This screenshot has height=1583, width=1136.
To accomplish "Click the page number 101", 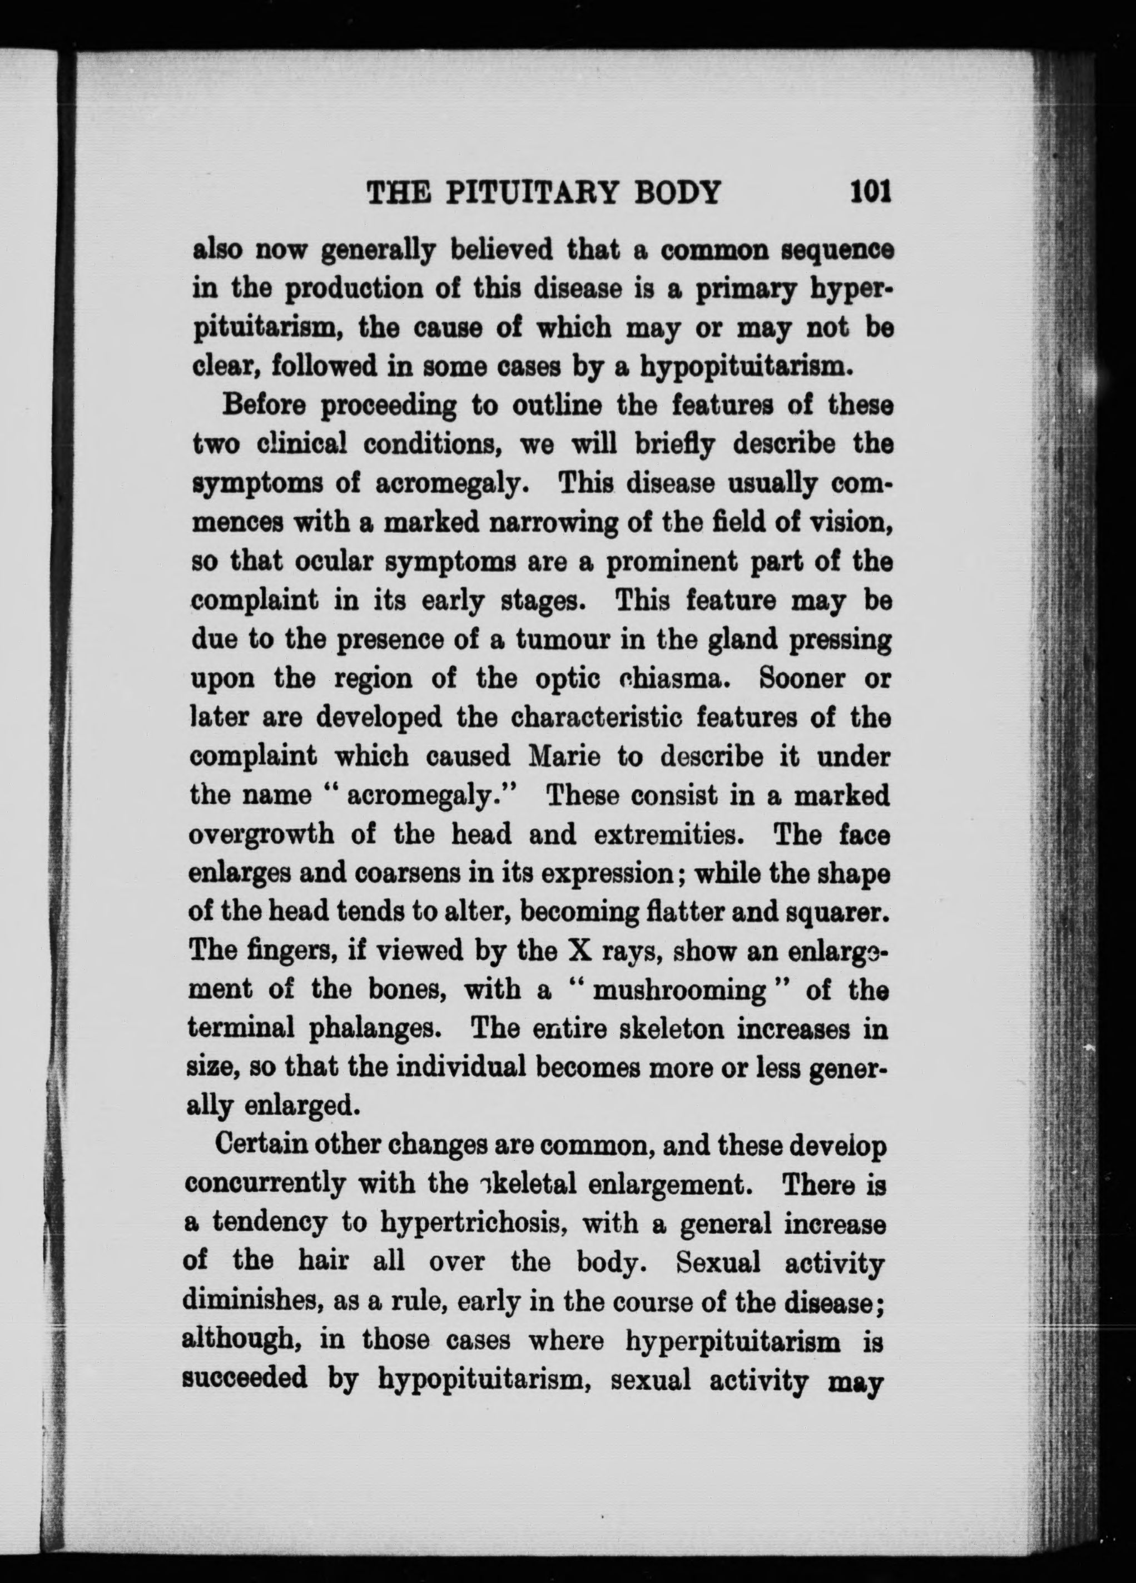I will click(871, 191).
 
